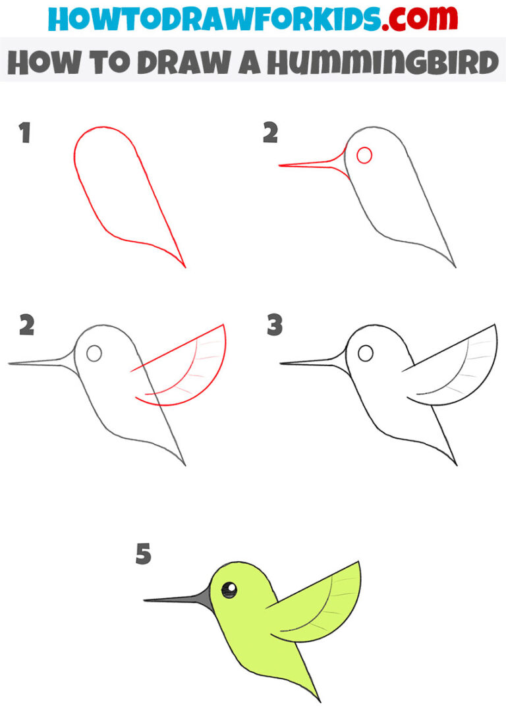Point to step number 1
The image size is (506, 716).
click(x=25, y=134)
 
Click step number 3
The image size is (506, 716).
click(x=275, y=325)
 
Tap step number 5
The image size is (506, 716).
click(x=143, y=554)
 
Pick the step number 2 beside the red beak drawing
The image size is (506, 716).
click(x=270, y=134)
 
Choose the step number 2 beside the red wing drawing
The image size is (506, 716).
click(x=27, y=325)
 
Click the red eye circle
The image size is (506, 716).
click(x=364, y=155)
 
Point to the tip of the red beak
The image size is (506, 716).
click(x=280, y=165)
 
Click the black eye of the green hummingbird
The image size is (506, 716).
click(x=229, y=590)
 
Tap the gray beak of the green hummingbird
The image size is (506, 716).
click(x=184, y=598)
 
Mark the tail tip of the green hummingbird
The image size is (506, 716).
click(x=320, y=700)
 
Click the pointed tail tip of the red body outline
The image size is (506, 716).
click(x=184, y=267)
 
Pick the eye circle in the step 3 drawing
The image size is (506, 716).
click(x=364, y=353)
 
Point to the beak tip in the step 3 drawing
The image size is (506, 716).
click(x=281, y=362)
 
